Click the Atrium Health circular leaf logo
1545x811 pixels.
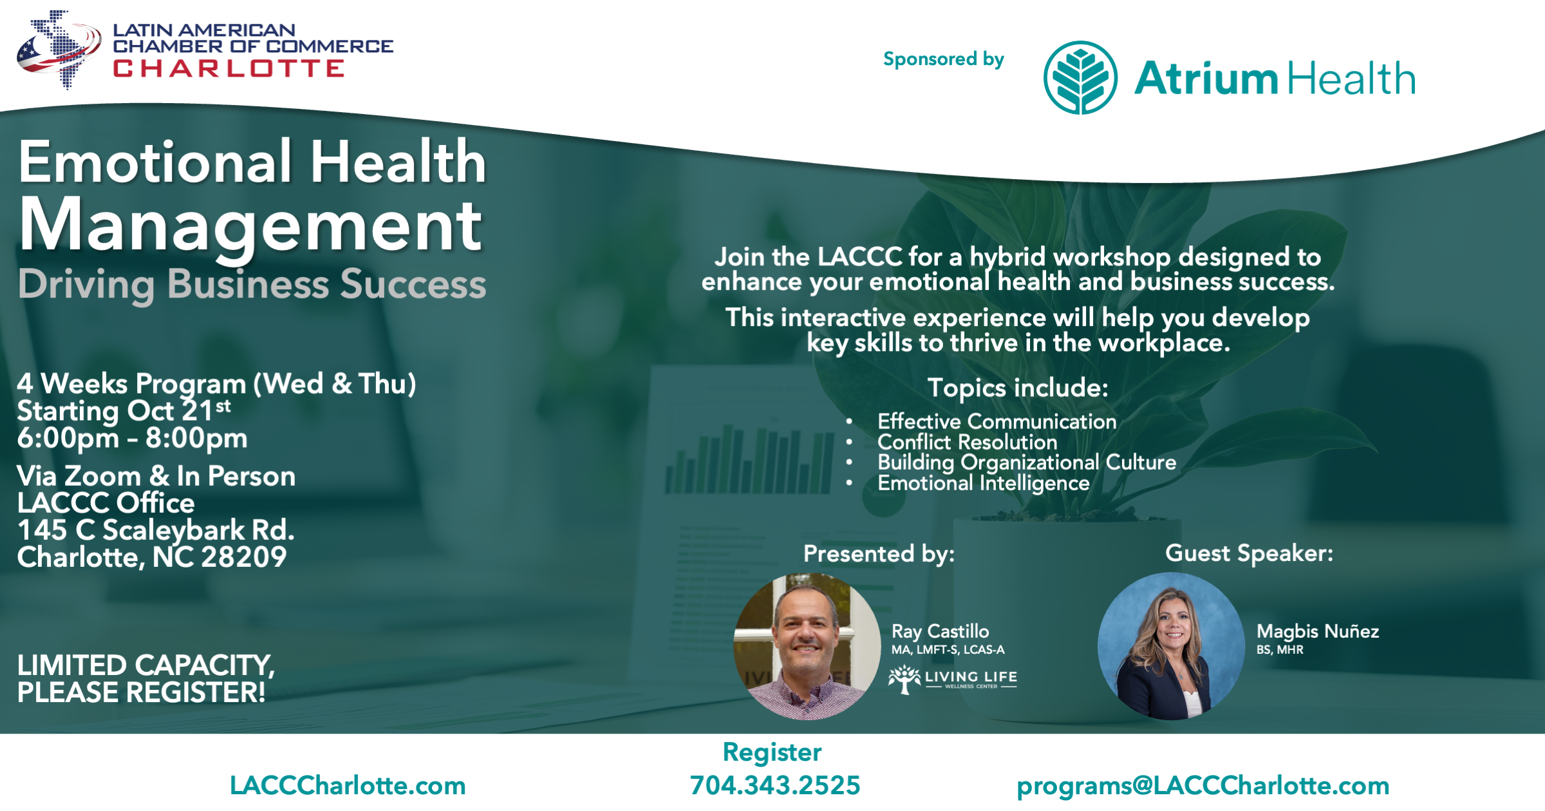tap(1080, 78)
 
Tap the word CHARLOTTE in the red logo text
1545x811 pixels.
tap(229, 68)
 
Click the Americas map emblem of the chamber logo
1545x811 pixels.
tap(59, 49)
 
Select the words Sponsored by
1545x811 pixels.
tap(944, 59)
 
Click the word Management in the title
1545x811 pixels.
tap(251, 227)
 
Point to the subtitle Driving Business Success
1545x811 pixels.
tap(252, 285)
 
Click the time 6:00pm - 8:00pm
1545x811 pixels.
tap(132, 439)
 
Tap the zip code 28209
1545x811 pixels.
tap(244, 557)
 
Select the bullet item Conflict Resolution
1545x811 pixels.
tap(968, 442)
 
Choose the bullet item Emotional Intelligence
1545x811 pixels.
tap(984, 483)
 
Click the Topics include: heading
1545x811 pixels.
tap(1018, 388)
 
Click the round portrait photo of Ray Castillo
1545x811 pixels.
tap(807, 646)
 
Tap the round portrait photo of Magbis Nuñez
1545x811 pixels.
tap(1172, 646)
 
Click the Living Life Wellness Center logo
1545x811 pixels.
tap(953, 680)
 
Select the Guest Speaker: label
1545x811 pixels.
tap(1249, 553)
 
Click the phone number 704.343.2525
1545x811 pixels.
tap(775, 785)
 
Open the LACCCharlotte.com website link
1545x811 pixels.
tap(348, 786)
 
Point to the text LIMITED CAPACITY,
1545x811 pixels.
tap(146, 665)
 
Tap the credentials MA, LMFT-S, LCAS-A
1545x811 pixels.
tap(948, 650)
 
